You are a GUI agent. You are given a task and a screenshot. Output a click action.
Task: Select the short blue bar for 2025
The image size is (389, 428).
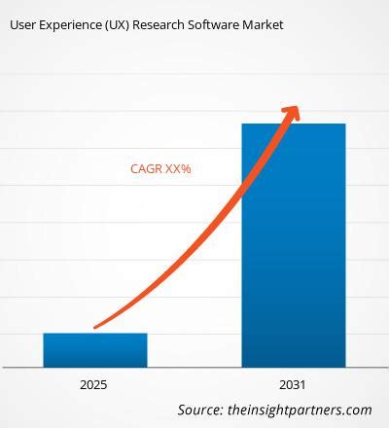95,350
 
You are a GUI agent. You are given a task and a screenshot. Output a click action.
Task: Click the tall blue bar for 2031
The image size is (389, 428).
294,243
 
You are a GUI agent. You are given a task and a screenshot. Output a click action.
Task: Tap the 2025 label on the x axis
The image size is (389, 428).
95,384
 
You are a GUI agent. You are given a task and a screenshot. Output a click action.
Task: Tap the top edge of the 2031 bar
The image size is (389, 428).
294,125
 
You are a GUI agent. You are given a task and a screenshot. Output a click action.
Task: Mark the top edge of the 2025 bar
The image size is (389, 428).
95,334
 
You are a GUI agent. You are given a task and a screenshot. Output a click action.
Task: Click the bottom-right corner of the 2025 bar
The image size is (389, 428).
147,367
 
